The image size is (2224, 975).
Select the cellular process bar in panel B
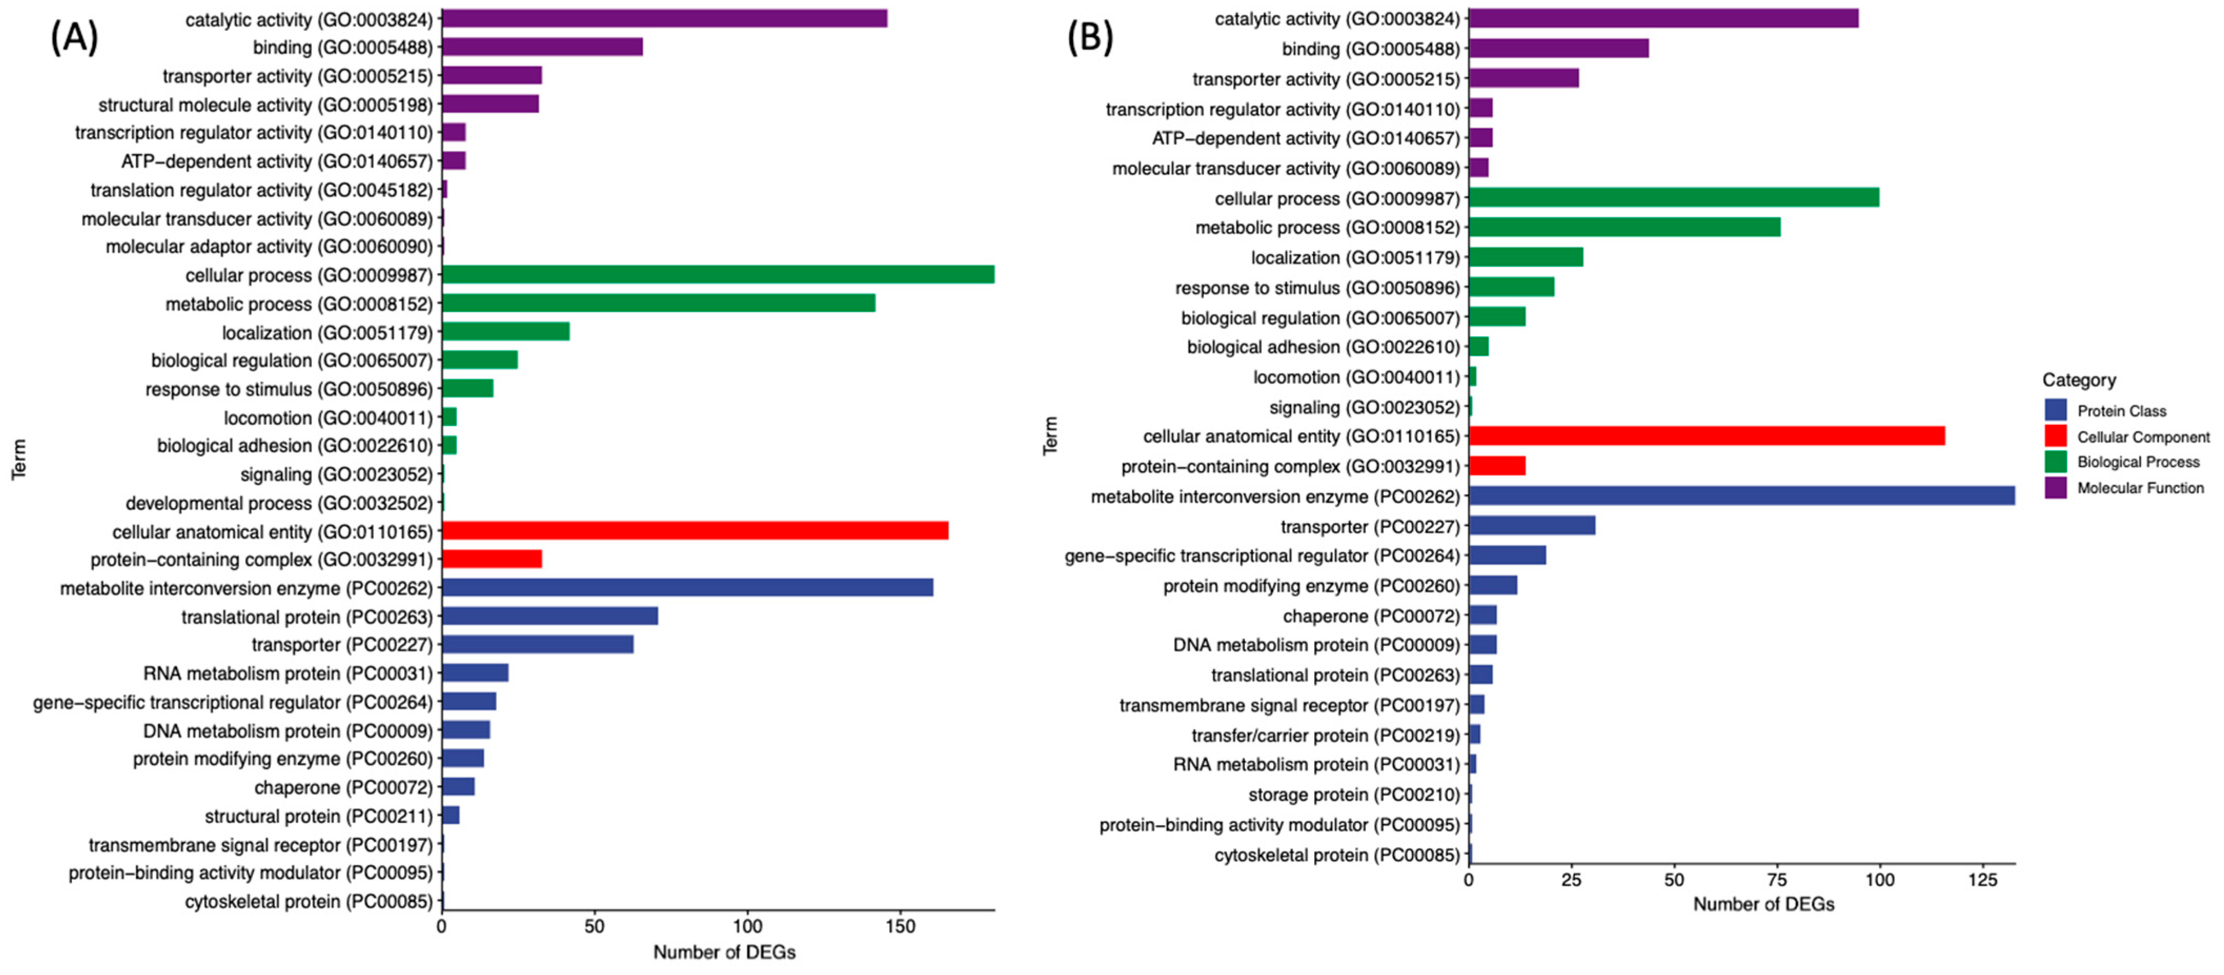coord(1673,198)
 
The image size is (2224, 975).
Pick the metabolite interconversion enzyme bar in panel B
coord(1741,496)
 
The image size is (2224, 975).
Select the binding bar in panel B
coord(1558,48)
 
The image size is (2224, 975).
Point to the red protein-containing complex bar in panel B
coord(1497,466)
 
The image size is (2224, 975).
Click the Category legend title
coord(2078,380)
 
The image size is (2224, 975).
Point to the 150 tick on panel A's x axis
coord(900,926)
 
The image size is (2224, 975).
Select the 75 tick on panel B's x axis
coord(1777,879)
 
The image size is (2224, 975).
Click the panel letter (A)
coord(74,37)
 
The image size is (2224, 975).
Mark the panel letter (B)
coord(1090,37)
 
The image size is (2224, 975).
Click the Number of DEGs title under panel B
coord(1763,904)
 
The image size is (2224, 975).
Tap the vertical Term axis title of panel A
coord(19,459)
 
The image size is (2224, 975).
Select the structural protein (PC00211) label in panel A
coord(318,816)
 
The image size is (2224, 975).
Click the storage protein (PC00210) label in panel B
coord(1353,795)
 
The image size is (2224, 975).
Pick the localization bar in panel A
coord(505,332)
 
